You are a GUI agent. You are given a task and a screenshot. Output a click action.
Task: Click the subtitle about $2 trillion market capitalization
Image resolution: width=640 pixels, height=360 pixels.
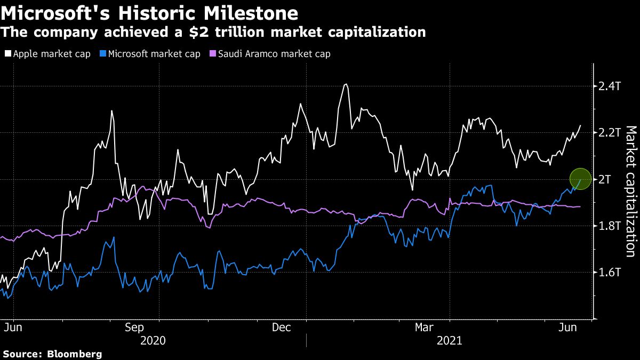[x=213, y=33]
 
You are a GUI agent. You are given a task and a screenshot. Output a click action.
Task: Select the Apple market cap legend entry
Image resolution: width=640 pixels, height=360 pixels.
[x=47, y=54]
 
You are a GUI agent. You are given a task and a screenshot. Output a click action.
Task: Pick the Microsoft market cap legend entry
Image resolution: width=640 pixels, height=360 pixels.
[x=150, y=54]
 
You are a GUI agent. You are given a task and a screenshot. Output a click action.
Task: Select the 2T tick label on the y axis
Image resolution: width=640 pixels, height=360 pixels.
[x=605, y=179]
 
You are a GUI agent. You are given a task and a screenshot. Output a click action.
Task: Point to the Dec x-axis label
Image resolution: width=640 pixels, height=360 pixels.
[x=281, y=327]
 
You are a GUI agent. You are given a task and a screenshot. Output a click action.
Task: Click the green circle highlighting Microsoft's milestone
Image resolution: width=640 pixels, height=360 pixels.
[x=581, y=179]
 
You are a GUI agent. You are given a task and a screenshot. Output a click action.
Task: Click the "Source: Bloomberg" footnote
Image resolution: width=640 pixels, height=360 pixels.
[x=52, y=354]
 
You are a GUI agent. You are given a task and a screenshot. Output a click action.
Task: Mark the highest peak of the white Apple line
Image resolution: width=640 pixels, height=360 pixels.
[x=346, y=84]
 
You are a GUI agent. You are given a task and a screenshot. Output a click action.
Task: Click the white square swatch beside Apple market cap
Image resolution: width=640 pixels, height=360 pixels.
[x=7, y=54]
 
